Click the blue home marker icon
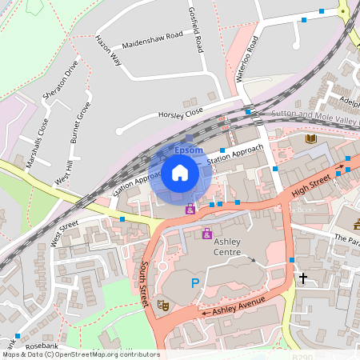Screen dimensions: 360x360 [180, 173]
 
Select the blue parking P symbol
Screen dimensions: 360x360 [194, 282]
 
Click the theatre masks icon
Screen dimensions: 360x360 [162, 304]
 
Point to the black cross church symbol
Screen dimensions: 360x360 [302, 278]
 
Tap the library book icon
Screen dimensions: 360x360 [310, 139]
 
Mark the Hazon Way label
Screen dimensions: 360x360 [107, 50]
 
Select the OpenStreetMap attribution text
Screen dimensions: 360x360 [80, 354]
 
